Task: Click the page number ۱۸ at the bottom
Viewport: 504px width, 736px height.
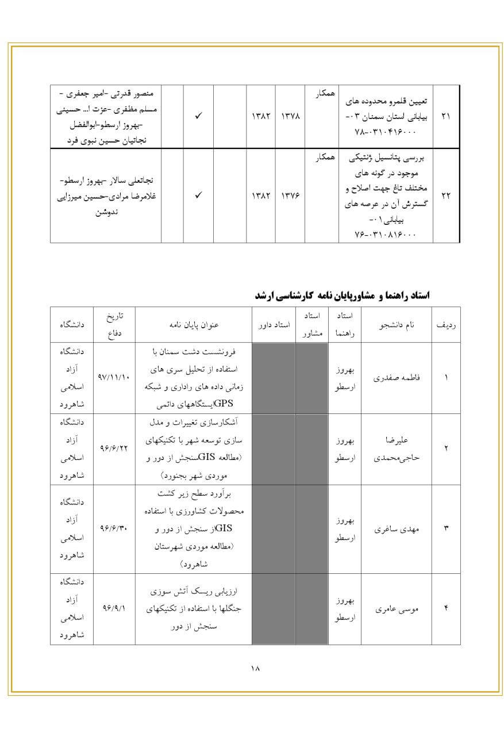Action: pos(255,668)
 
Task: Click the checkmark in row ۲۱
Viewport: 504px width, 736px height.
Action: pos(198,116)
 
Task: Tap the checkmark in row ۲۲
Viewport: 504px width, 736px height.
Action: pos(198,195)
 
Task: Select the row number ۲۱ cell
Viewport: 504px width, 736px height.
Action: pos(446,116)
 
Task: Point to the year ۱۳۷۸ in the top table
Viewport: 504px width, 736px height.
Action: pos(290,116)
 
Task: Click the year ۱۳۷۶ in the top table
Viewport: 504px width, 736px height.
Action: pos(290,195)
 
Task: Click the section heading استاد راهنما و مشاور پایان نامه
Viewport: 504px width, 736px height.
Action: pos(343,296)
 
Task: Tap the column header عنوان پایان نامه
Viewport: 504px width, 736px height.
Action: pos(194,325)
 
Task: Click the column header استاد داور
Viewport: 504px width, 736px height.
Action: pos(274,325)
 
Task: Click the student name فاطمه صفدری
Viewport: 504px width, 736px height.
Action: pos(397,378)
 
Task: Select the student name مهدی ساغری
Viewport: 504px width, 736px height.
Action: pos(397,529)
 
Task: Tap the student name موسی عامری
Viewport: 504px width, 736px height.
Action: pos(397,609)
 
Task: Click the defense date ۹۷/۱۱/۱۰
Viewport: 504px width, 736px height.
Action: pos(114,378)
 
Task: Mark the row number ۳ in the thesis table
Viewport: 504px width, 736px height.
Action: pos(446,529)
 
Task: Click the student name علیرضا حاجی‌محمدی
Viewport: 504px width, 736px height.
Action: pos(397,449)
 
